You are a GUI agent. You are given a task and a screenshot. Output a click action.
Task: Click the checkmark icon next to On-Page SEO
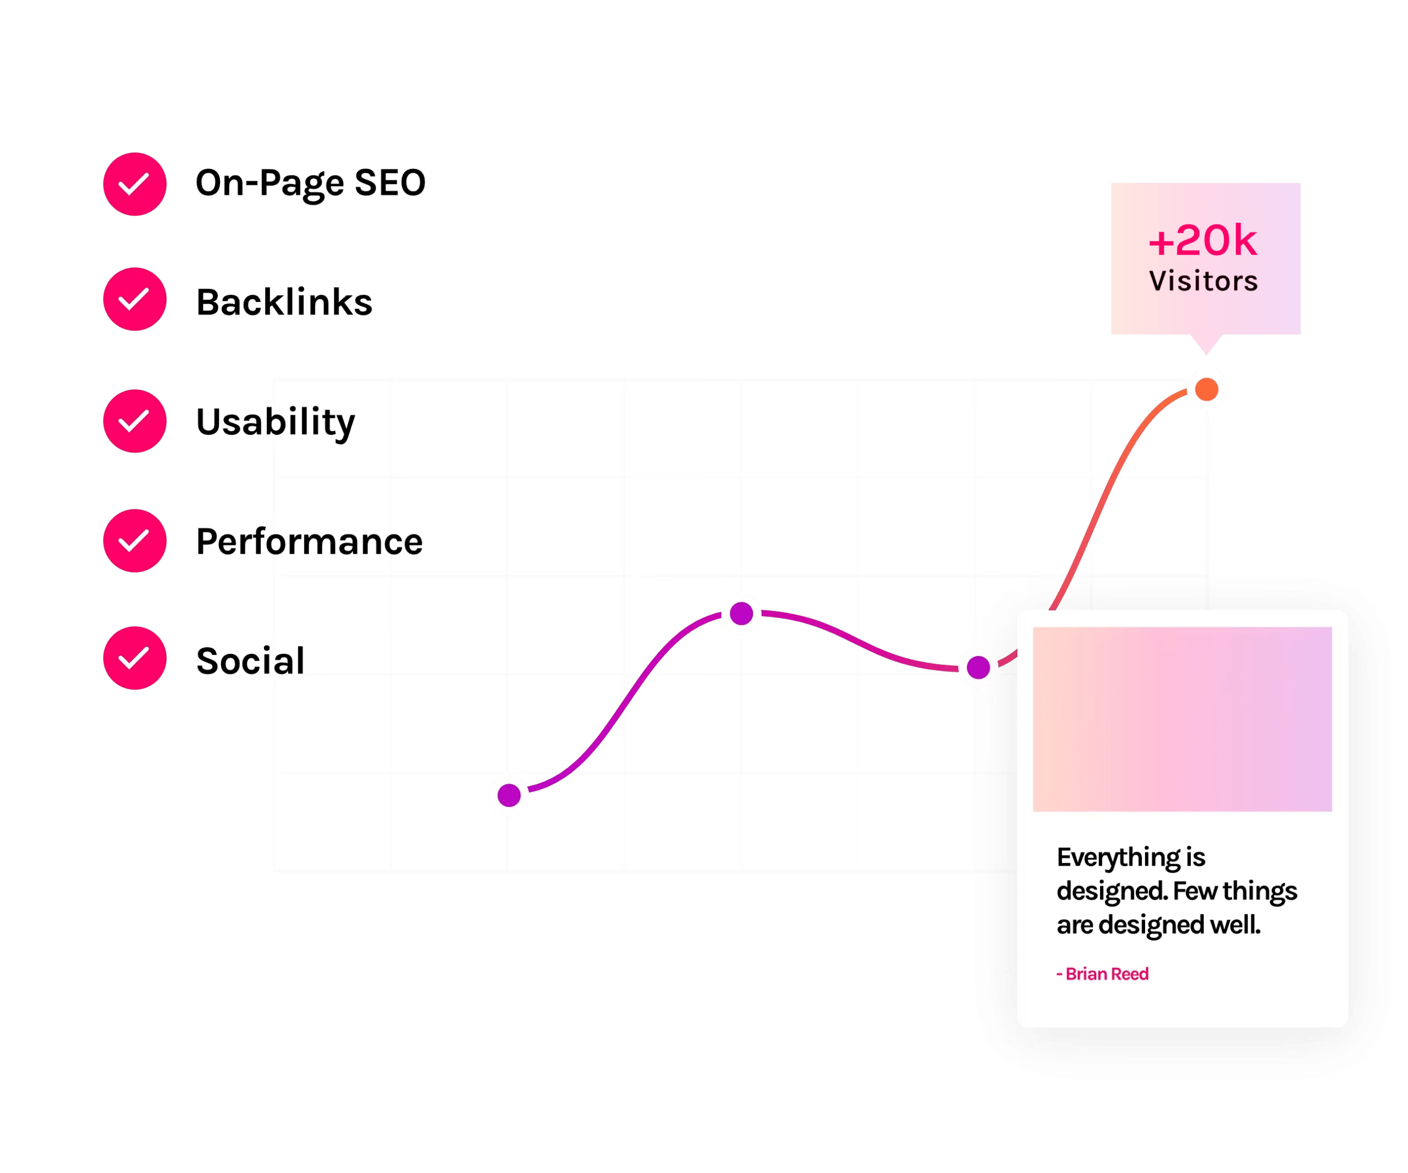click(135, 184)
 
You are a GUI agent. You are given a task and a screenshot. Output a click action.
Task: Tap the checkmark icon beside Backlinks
click(135, 299)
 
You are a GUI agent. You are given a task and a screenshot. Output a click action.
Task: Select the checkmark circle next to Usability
click(135, 421)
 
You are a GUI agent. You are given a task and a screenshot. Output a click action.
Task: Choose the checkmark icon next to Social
click(135, 658)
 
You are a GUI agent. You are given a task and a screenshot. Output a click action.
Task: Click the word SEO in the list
click(390, 183)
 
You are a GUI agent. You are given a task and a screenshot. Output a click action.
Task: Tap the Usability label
click(276, 422)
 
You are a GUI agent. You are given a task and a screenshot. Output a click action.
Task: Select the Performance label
click(309, 542)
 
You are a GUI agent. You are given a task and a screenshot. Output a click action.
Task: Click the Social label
click(250, 660)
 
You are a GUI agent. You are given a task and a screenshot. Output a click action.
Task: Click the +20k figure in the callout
click(1203, 241)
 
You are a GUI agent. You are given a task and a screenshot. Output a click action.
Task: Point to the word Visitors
click(1203, 281)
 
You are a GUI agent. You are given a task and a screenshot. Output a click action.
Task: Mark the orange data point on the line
click(1206, 389)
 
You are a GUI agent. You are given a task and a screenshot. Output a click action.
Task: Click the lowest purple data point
click(509, 795)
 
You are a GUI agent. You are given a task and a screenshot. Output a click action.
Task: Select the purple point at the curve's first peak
click(741, 613)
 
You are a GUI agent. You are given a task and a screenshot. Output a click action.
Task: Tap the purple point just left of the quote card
click(978, 668)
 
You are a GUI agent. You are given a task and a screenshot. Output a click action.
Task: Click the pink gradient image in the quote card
click(1182, 719)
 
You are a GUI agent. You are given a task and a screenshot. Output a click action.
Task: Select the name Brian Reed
click(1107, 974)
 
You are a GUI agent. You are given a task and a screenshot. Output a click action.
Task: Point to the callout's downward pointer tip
click(1207, 355)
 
